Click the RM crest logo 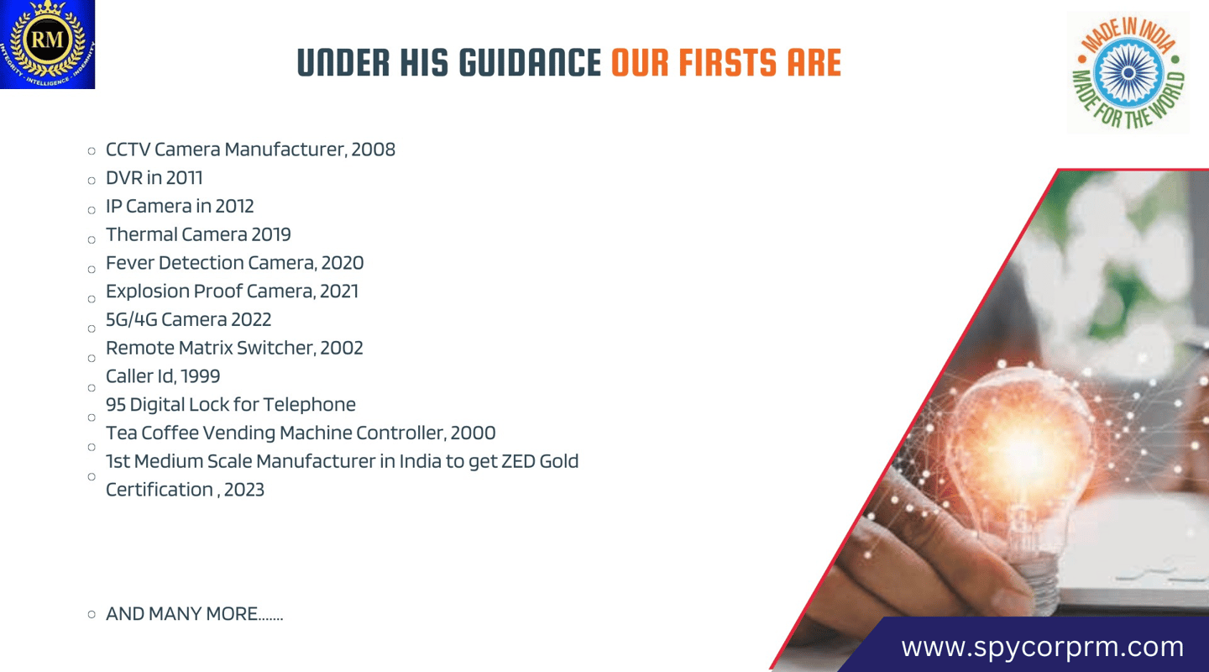point(48,45)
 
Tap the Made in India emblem point(1128,72)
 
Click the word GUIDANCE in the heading point(530,63)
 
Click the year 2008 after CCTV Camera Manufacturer point(373,150)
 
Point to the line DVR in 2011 point(154,178)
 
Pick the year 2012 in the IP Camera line point(234,207)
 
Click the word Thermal point(141,234)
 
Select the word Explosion point(148,291)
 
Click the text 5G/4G point(131,320)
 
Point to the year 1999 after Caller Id point(200,376)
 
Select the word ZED point(517,461)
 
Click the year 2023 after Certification point(244,490)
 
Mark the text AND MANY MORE point(181,614)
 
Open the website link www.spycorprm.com point(1042,647)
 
